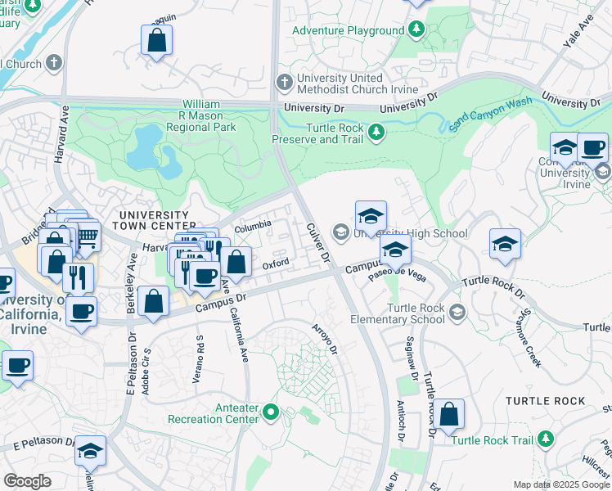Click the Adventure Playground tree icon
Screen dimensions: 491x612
(416, 30)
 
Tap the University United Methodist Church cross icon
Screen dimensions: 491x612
(284, 82)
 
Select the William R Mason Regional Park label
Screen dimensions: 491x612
(201, 116)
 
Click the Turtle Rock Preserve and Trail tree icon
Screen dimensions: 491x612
(376, 131)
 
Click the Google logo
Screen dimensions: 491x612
(27, 481)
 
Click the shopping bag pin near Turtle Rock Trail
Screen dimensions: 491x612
(448, 414)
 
